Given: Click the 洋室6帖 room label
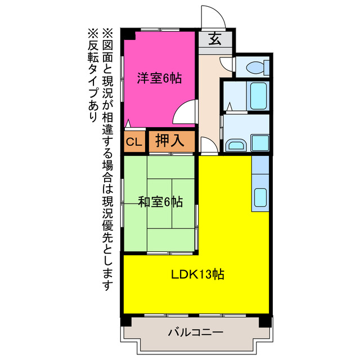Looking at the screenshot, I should [x=160, y=79].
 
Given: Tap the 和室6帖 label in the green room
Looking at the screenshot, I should [x=160, y=201].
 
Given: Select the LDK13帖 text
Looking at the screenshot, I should [x=198, y=274].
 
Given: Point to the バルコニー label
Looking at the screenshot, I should [x=195, y=332].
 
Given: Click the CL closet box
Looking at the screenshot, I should [x=134, y=142].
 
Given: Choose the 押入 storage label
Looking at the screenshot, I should [x=170, y=141].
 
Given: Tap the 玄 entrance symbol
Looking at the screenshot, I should [x=215, y=39].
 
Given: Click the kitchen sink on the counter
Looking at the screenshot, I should [x=260, y=196].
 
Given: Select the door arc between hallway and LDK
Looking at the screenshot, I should [x=207, y=147].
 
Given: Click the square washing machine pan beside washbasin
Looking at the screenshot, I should [x=260, y=142].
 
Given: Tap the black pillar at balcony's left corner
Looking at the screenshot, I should [x=125, y=322].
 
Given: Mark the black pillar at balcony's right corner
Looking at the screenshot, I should [x=264, y=322].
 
